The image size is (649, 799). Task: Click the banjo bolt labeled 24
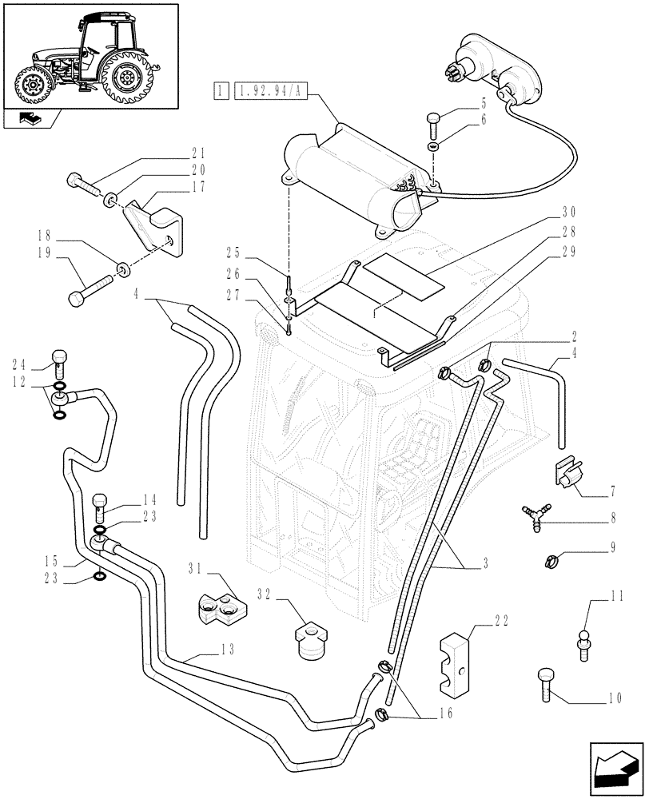tap(58, 361)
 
